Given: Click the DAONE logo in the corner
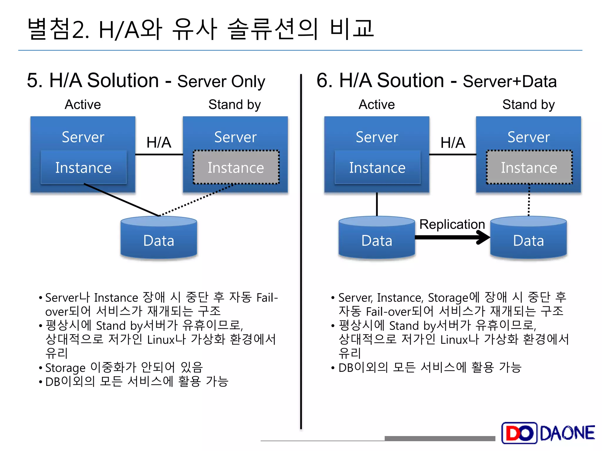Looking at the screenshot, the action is coord(548,433).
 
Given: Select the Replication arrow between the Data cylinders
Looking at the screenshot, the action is coord(453,237).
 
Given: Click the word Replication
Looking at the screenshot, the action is coord(452,224).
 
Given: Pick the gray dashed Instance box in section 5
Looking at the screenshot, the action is coord(236,167).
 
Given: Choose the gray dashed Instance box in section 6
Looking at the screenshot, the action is coord(529,167).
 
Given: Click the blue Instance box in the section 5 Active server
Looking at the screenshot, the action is coord(83,167).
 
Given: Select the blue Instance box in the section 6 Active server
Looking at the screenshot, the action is coord(377,167).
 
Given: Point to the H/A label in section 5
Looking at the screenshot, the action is coord(159,143).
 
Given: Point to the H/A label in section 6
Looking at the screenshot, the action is coord(453,143).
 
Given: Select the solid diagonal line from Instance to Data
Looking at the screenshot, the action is coord(121,200).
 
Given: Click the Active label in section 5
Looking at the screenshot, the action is coord(83,105).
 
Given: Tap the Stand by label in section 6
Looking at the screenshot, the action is coord(528,105).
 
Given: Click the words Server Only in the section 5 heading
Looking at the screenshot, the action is coord(221,81).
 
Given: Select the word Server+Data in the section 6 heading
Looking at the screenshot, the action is coord(509,81).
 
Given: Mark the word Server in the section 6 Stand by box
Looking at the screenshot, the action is coord(529,137).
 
